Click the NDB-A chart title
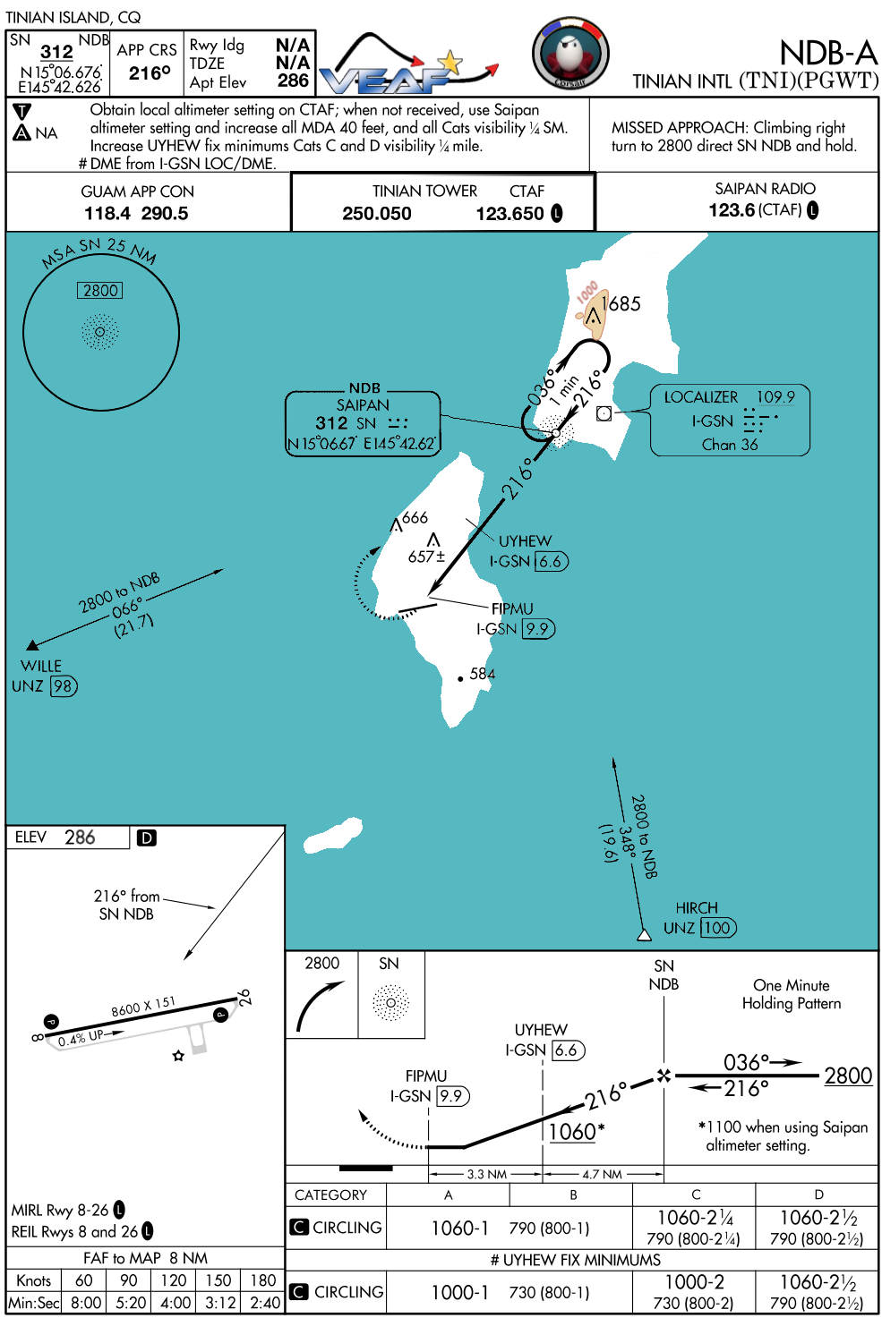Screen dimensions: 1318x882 [x=827, y=53]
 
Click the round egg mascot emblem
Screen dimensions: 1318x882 [x=570, y=55]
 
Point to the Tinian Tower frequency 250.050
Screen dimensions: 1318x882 [x=377, y=214]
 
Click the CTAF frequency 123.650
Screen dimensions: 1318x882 [x=510, y=214]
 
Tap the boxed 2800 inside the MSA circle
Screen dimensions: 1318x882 [x=100, y=290]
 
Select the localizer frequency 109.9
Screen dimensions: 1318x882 [x=775, y=397]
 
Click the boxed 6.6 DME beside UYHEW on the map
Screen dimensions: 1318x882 [x=551, y=562]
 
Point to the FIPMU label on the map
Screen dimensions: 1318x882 [x=512, y=609]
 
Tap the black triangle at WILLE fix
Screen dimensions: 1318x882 [x=32, y=645]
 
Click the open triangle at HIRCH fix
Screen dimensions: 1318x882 [x=644, y=935]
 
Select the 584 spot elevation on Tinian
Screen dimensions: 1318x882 [x=483, y=674]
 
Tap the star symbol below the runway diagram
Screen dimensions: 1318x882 [x=178, y=1056]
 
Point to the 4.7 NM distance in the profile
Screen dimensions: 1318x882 [x=602, y=1174]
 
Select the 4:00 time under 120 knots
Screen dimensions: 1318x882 [x=175, y=1303]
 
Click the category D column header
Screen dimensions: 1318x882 [x=818, y=1195]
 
